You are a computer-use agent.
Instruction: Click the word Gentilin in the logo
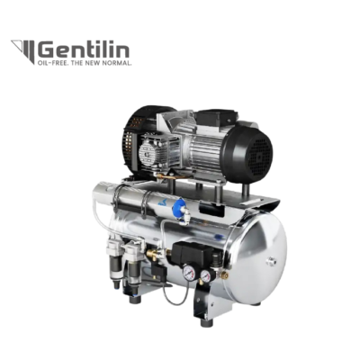[84, 50]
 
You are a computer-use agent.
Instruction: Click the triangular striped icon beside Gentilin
[23, 50]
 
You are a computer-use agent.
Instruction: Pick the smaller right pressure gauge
[205, 274]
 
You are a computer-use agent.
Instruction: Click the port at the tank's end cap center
[273, 260]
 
